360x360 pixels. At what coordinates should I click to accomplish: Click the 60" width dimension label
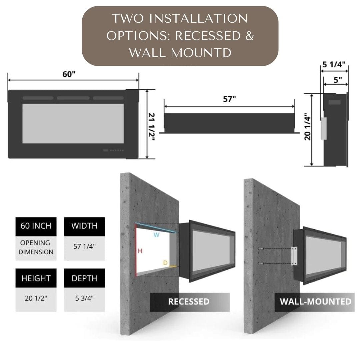click(x=69, y=74)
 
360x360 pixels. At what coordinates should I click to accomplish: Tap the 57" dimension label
click(x=229, y=99)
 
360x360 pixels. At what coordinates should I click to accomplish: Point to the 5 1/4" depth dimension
click(x=334, y=64)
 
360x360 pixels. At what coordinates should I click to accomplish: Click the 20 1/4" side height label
click(x=308, y=128)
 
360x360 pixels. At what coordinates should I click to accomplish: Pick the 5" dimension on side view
click(x=338, y=80)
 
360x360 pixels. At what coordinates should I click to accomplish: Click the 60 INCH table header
click(x=36, y=226)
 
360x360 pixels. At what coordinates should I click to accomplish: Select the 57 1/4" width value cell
click(x=84, y=247)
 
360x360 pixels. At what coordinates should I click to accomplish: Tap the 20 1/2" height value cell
click(x=36, y=298)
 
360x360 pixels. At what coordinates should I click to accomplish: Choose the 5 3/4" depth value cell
click(x=84, y=298)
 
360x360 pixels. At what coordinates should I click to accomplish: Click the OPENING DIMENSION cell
click(x=36, y=247)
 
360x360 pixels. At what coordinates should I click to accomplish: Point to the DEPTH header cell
click(x=84, y=278)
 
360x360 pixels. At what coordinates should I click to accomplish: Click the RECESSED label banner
click(x=189, y=302)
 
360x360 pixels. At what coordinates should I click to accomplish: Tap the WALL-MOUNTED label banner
click(x=315, y=302)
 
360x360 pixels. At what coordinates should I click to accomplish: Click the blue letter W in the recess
click(x=156, y=235)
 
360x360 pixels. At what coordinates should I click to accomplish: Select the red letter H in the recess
click(x=140, y=251)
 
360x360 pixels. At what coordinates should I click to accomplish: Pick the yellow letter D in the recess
click(x=165, y=263)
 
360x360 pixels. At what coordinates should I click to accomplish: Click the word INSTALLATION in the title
click(x=198, y=19)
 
